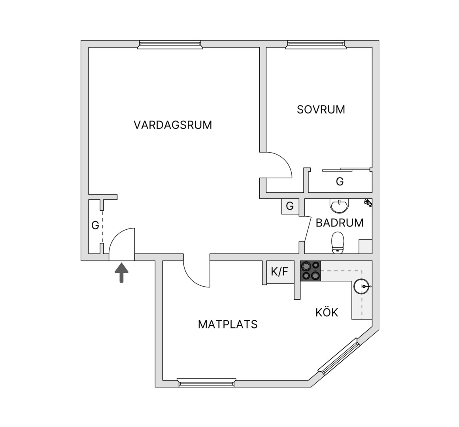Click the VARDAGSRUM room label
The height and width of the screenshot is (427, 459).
[173, 125]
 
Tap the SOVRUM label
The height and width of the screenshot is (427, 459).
[321, 110]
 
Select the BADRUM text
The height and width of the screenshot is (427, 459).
[340, 223]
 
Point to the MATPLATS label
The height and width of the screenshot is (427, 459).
[228, 324]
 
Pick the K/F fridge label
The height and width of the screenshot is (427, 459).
[280, 272]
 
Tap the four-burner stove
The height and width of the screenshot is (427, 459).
[311, 271]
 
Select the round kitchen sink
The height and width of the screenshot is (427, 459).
[362, 286]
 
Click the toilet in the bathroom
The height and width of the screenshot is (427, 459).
[338, 243]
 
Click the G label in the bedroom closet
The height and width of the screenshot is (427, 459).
[340, 181]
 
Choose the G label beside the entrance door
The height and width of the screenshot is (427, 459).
[95, 225]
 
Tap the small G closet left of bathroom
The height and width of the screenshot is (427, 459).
[290, 206]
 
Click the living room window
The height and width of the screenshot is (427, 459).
[170, 44]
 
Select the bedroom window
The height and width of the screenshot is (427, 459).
[316, 44]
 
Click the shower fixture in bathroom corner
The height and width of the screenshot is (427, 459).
[368, 202]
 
